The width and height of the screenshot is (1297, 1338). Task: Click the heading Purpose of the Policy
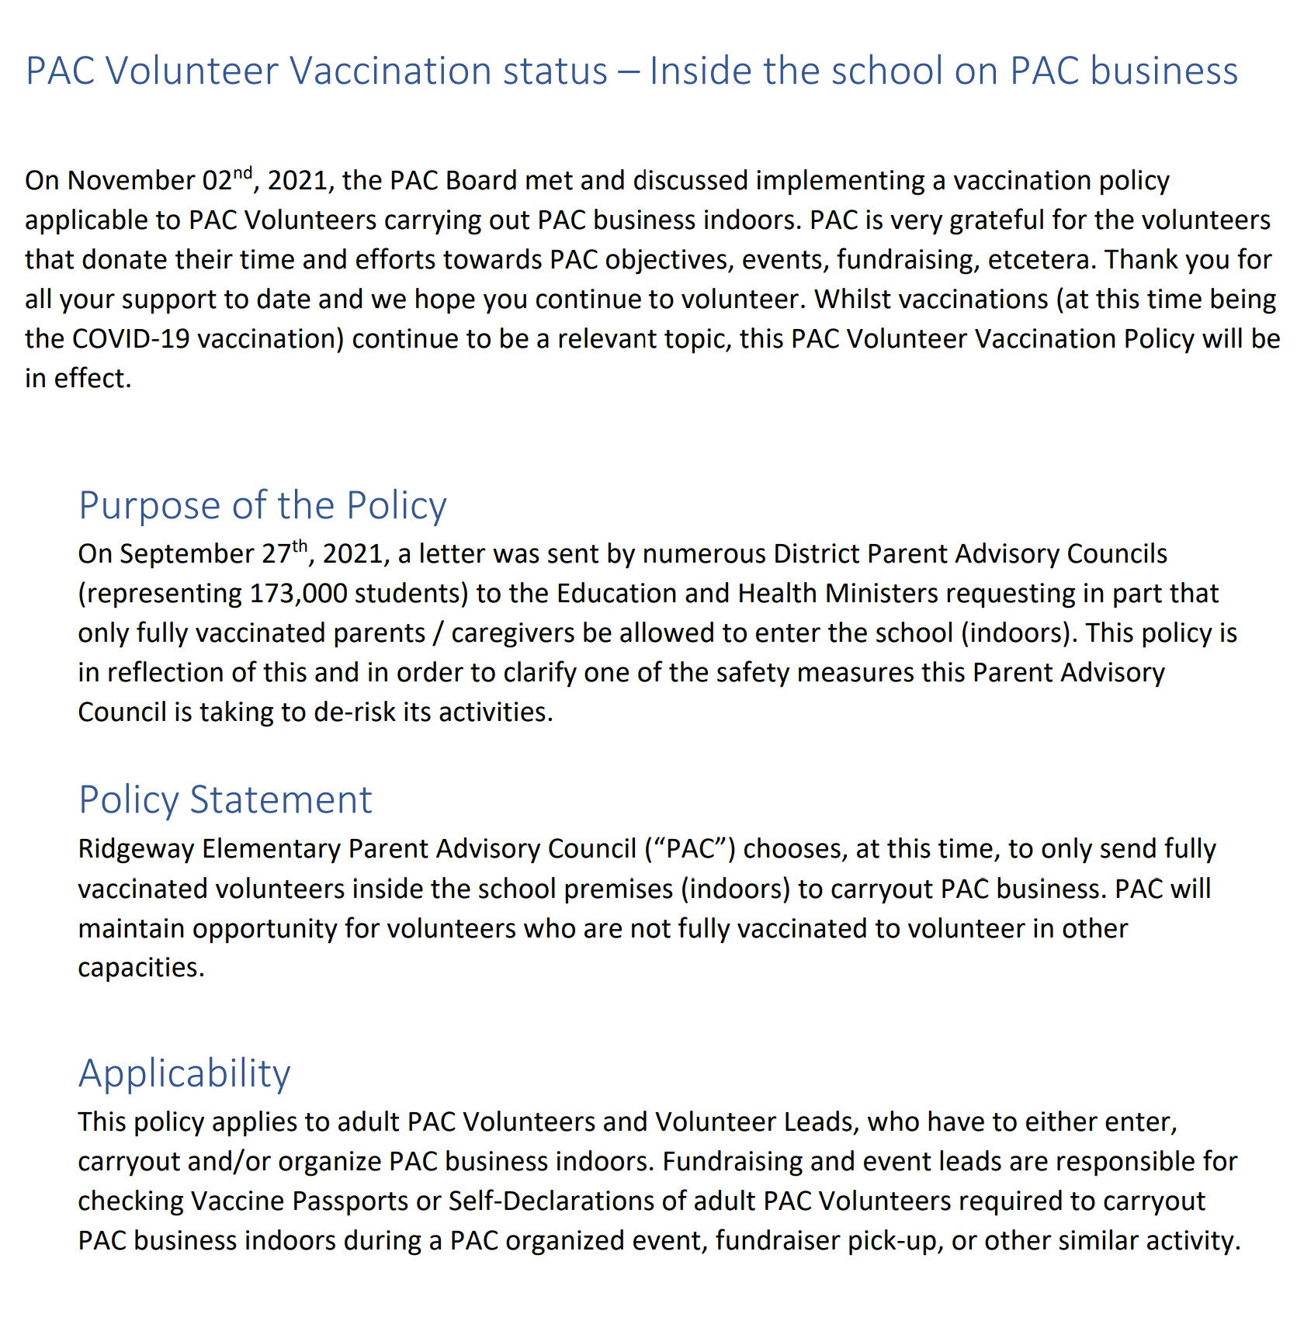point(262,505)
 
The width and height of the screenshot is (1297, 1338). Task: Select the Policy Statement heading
point(225,799)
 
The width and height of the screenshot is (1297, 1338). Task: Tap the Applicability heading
point(184,1073)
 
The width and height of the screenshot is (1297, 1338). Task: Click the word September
point(186,554)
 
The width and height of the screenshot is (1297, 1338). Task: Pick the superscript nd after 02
point(243,173)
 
